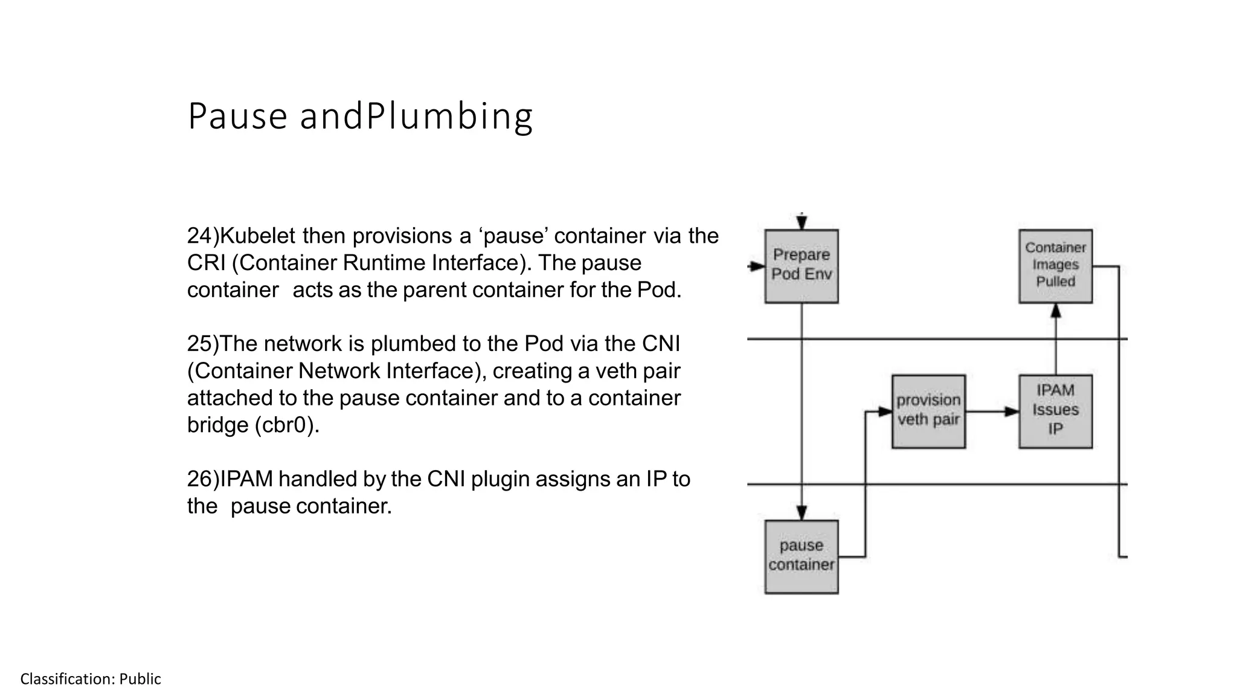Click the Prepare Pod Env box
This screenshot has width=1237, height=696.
click(801, 266)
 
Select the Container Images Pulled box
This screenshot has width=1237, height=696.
click(1055, 266)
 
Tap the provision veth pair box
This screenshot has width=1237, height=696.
click(928, 411)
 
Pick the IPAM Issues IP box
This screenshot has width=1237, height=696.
click(1055, 411)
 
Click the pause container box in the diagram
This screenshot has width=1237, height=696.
click(801, 556)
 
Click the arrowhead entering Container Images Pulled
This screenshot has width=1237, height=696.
click(1055, 311)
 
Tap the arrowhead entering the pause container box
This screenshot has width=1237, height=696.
click(802, 513)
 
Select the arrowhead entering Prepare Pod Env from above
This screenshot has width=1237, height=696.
click(802, 223)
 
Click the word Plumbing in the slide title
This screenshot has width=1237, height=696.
click(449, 116)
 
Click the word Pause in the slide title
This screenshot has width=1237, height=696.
click(237, 116)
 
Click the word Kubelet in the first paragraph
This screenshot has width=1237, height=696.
click(258, 236)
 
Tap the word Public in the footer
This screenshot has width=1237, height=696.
click(140, 679)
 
